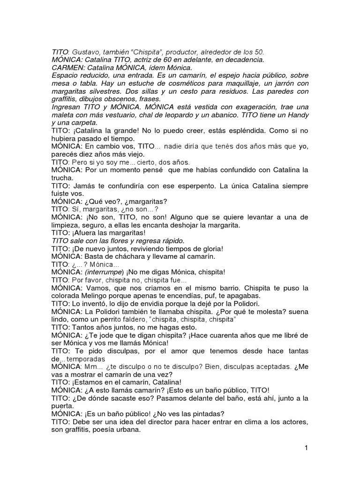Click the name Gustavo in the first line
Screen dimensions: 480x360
point(86,52)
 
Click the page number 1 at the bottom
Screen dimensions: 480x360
point(306,448)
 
